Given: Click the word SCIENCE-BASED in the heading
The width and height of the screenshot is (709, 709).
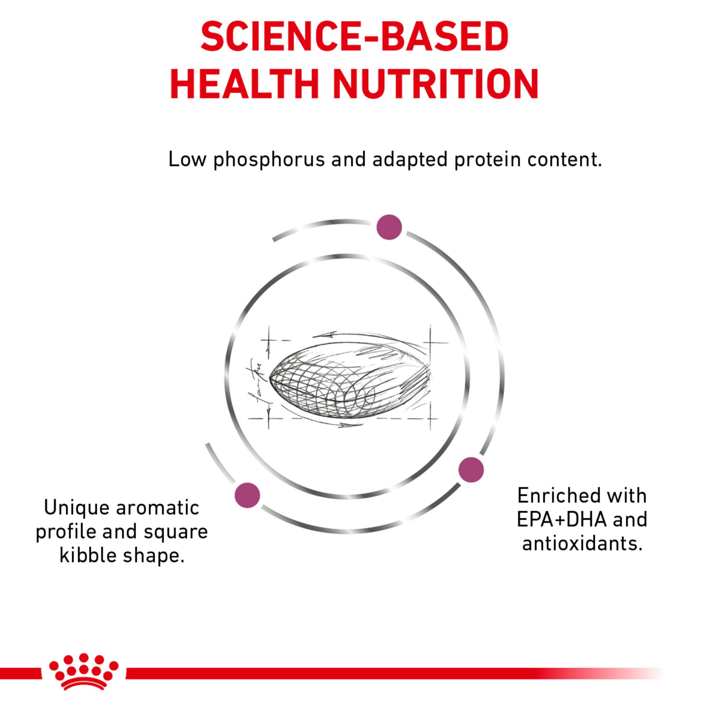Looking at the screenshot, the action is click(x=354, y=37).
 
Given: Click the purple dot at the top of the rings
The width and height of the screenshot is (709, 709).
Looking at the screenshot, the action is click(x=389, y=227).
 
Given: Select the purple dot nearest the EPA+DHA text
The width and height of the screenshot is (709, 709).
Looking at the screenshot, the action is click(x=471, y=470).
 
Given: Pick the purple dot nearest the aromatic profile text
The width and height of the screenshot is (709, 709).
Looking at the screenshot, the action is click(x=247, y=495).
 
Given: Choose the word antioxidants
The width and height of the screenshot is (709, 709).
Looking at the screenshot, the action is click(x=582, y=543).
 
